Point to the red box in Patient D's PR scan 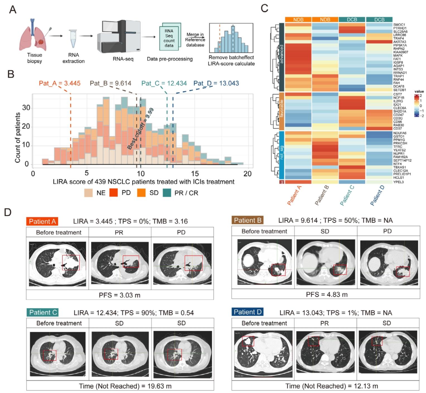(313, 341)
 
